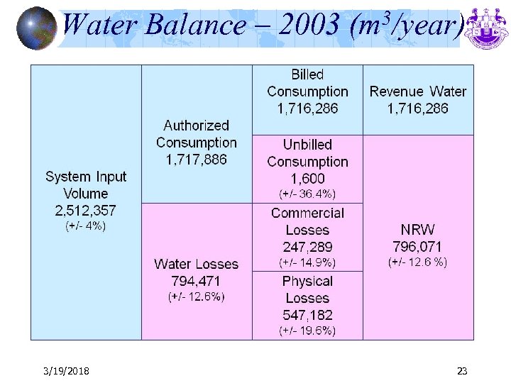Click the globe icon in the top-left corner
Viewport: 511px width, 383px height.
pyautogui.click(x=35, y=27)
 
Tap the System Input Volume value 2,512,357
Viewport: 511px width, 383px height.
pyautogui.click(x=86, y=211)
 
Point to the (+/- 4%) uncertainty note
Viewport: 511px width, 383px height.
pyautogui.click(x=86, y=227)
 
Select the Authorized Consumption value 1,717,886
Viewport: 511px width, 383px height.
pyautogui.click(x=197, y=160)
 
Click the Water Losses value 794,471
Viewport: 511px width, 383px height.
pyautogui.click(x=197, y=281)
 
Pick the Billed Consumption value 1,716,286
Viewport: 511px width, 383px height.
pyautogui.click(x=307, y=109)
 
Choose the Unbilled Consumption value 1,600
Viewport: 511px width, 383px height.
pyautogui.click(x=307, y=179)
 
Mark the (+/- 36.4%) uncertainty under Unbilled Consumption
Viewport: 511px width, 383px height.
pyautogui.click(x=307, y=194)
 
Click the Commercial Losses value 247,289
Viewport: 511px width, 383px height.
pyautogui.click(x=307, y=247)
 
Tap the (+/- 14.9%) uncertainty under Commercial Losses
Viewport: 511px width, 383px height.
pyautogui.click(x=307, y=262)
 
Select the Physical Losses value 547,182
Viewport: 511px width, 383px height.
pyautogui.click(x=307, y=315)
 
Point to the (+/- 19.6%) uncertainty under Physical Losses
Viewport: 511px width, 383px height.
pyautogui.click(x=307, y=331)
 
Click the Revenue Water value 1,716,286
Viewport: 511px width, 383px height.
pyautogui.click(x=418, y=109)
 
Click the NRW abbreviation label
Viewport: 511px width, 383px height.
pyautogui.click(x=418, y=230)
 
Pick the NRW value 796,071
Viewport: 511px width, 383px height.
pyautogui.click(x=418, y=247)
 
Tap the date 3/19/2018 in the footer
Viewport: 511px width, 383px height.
pyautogui.click(x=65, y=371)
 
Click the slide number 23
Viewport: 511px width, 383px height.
pyautogui.click(x=462, y=371)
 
